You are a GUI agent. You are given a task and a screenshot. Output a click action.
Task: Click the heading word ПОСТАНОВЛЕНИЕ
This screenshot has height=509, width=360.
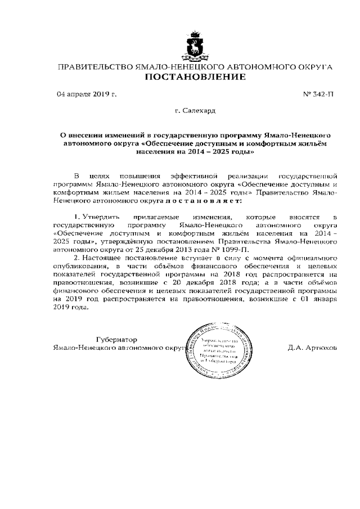click(196, 77)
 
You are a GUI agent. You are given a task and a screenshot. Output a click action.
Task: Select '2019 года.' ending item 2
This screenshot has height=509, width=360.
click(70, 308)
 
